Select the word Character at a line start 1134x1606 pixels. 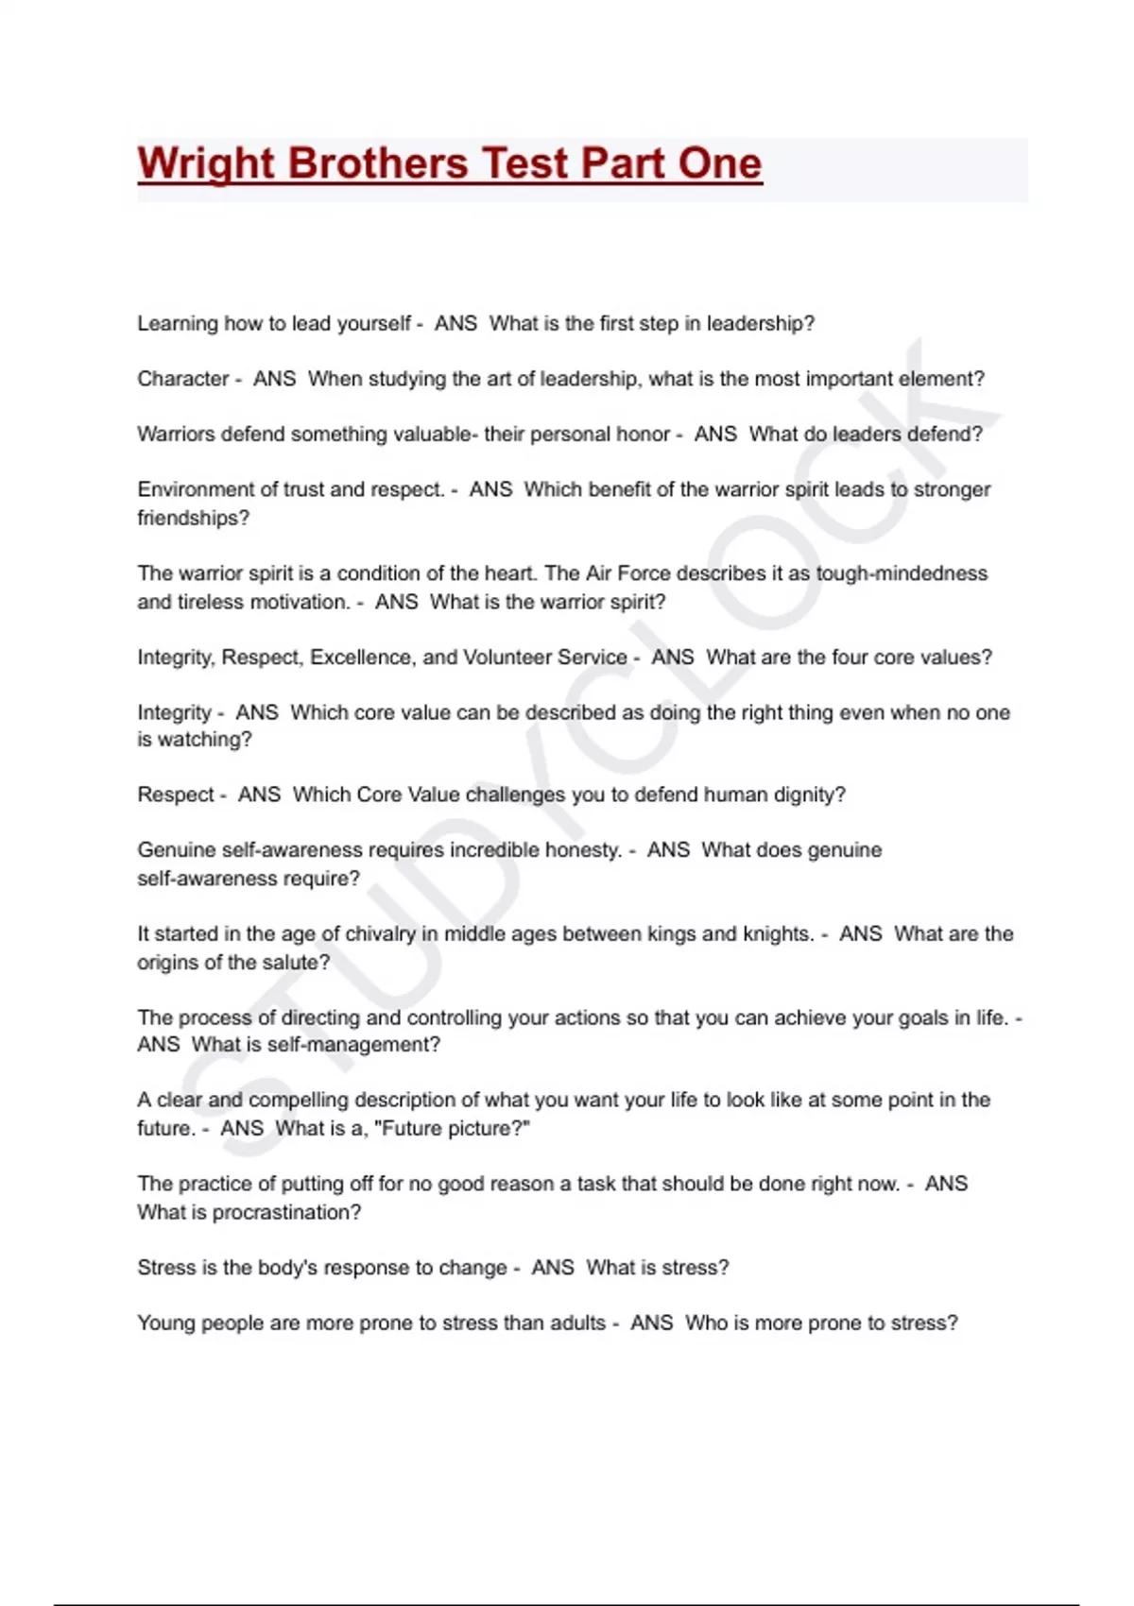coord(183,379)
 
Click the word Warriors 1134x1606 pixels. coord(175,435)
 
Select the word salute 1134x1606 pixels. coord(294,963)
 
